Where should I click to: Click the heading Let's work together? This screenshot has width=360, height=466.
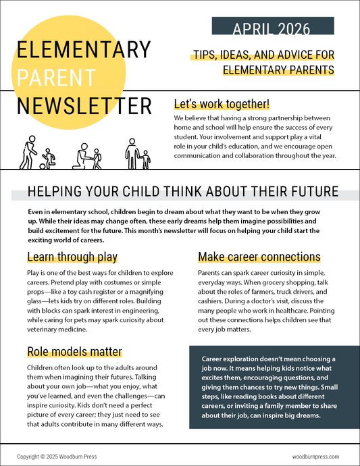click(222, 104)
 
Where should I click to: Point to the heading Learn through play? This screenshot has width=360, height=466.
click(72, 257)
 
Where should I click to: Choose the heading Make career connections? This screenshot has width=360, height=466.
click(259, 257)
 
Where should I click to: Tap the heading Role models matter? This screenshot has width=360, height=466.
click(74, 351)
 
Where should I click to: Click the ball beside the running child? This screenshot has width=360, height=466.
click(43, 164)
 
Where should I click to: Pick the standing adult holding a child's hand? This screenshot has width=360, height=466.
click(131, 153)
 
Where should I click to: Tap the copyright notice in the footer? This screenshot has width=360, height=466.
click(57, 457)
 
